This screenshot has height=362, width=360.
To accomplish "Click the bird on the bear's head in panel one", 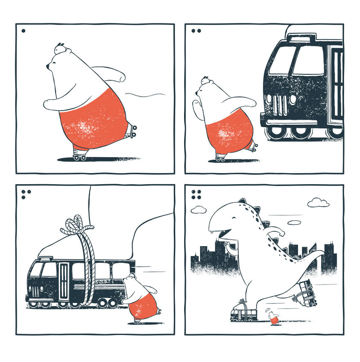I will coord(60,48).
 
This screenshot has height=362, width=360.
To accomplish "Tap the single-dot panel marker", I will coord(23,30).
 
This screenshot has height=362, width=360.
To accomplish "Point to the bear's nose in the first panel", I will coord(48,66).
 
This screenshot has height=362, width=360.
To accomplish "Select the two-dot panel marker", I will coord(196,30).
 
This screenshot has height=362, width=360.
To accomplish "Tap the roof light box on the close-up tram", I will coord(302,38).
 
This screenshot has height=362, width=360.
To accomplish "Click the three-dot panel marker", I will coord(26,194).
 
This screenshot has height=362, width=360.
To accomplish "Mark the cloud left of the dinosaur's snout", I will coord(198,210).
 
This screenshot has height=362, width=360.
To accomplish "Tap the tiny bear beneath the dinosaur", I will coord(273,318).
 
